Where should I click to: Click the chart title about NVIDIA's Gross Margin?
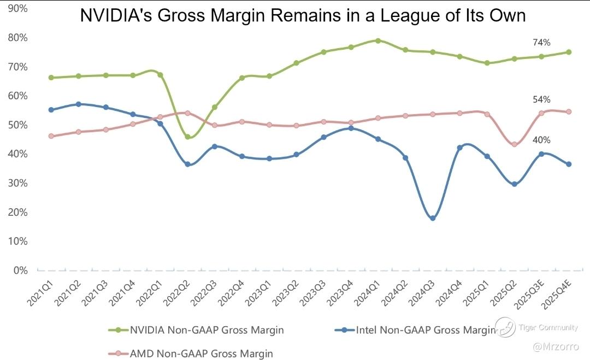point(303,15)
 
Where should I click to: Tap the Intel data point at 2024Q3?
point(433,218)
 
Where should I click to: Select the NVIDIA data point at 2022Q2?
point(187,137)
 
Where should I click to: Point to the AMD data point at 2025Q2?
point(514,144)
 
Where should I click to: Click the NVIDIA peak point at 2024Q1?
point(378,40)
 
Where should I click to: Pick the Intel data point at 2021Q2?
point(78,104)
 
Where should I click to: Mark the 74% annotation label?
point(541,43)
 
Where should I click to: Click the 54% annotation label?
point(541,99)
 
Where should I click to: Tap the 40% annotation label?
point(541,140)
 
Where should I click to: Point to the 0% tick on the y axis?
point(21,270)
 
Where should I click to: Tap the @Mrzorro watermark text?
point(555,346)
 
